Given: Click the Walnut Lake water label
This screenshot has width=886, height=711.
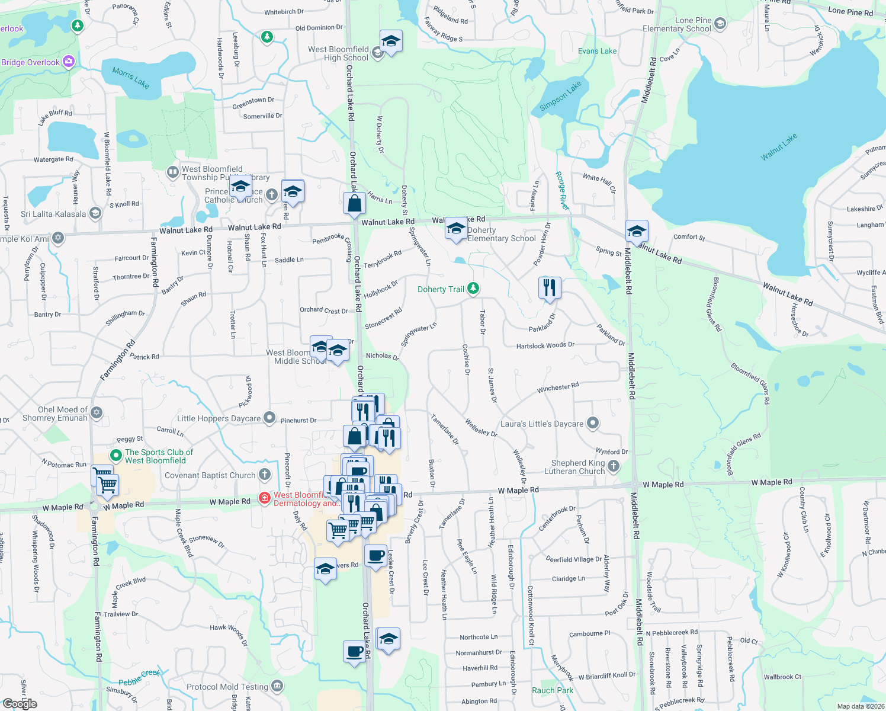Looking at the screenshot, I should coord(779,147).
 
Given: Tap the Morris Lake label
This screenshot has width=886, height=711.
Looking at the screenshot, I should coord(130,78).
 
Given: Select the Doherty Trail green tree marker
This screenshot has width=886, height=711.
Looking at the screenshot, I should coord(473,289).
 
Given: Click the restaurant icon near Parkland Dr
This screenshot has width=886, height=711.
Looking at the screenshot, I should coord(550,288).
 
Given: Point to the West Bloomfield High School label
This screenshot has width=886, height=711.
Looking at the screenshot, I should coord(338,53).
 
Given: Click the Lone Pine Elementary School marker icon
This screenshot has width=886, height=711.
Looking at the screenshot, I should coord(720,24).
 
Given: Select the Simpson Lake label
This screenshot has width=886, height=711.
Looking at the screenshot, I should coord(560,95).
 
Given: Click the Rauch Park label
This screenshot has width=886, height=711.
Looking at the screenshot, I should coord(552,690).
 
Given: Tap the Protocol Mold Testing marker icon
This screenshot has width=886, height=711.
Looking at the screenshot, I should coord(277,686).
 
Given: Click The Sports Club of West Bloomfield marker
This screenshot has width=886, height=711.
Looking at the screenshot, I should coord(117,456).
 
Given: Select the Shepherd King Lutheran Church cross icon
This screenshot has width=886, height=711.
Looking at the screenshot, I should coord(614,466).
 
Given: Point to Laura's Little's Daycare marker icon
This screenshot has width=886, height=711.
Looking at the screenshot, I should coord(593,423).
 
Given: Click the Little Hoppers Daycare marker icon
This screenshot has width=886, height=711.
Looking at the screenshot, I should coord(269,418).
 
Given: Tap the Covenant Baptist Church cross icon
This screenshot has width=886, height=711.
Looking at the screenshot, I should coord(265,475).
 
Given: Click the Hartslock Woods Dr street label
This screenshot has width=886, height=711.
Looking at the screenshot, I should coord(545,345).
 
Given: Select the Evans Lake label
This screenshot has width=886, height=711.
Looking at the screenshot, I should coord(597,51).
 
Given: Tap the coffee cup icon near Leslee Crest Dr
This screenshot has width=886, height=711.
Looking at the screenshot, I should coord(375,556).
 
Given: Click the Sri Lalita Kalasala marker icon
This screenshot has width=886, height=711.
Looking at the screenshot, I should coord(95,213).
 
